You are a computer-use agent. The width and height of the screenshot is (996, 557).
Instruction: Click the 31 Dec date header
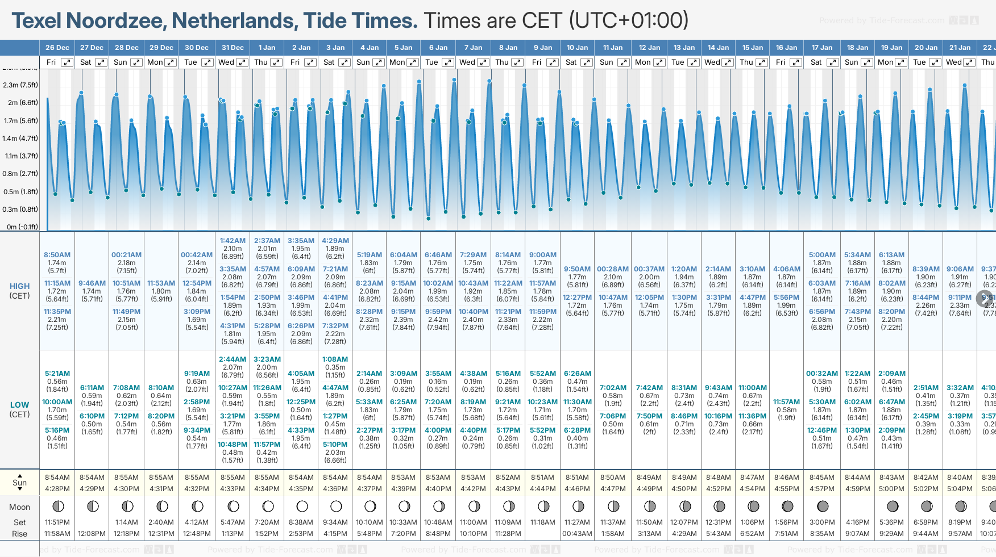coord(233,48)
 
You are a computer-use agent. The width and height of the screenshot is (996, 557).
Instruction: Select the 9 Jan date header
coord(543,48)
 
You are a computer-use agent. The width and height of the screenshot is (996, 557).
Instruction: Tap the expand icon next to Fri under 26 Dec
coord(67,62)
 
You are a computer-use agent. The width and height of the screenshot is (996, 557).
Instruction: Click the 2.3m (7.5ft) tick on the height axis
coord(20,85)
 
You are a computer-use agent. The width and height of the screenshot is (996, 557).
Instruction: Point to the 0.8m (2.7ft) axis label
coord(20,174)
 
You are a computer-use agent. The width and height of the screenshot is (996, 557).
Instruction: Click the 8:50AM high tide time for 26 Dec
coord(57,255)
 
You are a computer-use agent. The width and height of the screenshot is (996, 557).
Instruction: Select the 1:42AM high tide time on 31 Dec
coord(233,241)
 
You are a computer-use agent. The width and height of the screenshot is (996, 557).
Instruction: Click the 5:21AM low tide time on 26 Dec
coord(57,374)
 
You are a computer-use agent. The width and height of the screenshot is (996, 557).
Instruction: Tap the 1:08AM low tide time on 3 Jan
coord(335,359)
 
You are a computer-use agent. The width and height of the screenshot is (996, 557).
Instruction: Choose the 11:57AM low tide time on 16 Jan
coord(786,402)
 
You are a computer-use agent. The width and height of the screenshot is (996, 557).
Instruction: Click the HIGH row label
coord(19,287)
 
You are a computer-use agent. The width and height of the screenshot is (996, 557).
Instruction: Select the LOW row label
coord(19,405)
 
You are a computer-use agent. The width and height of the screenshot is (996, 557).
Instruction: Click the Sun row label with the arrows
coord(19,483)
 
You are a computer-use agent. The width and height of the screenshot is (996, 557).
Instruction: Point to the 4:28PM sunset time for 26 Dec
coord(57,489)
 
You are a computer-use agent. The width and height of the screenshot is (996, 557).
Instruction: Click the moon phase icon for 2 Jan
coord(302,506)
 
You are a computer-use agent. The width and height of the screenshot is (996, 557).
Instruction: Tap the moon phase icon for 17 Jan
coord(822,506)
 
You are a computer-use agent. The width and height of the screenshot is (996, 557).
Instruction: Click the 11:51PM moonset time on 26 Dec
coord(57,522)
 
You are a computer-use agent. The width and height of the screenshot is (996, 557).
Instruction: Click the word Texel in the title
coord(37,21)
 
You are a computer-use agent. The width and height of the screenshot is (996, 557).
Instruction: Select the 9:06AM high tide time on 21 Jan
coord(960,269)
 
